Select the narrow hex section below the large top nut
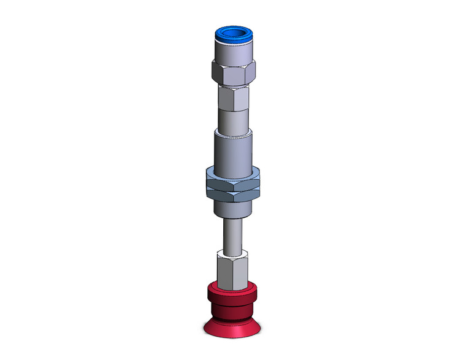pyautogui.click(x=233, y=97)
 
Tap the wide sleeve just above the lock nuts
pyautogui.click(x=233, y=150)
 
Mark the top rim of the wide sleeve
pyautogui.click(x=233, y=131)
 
